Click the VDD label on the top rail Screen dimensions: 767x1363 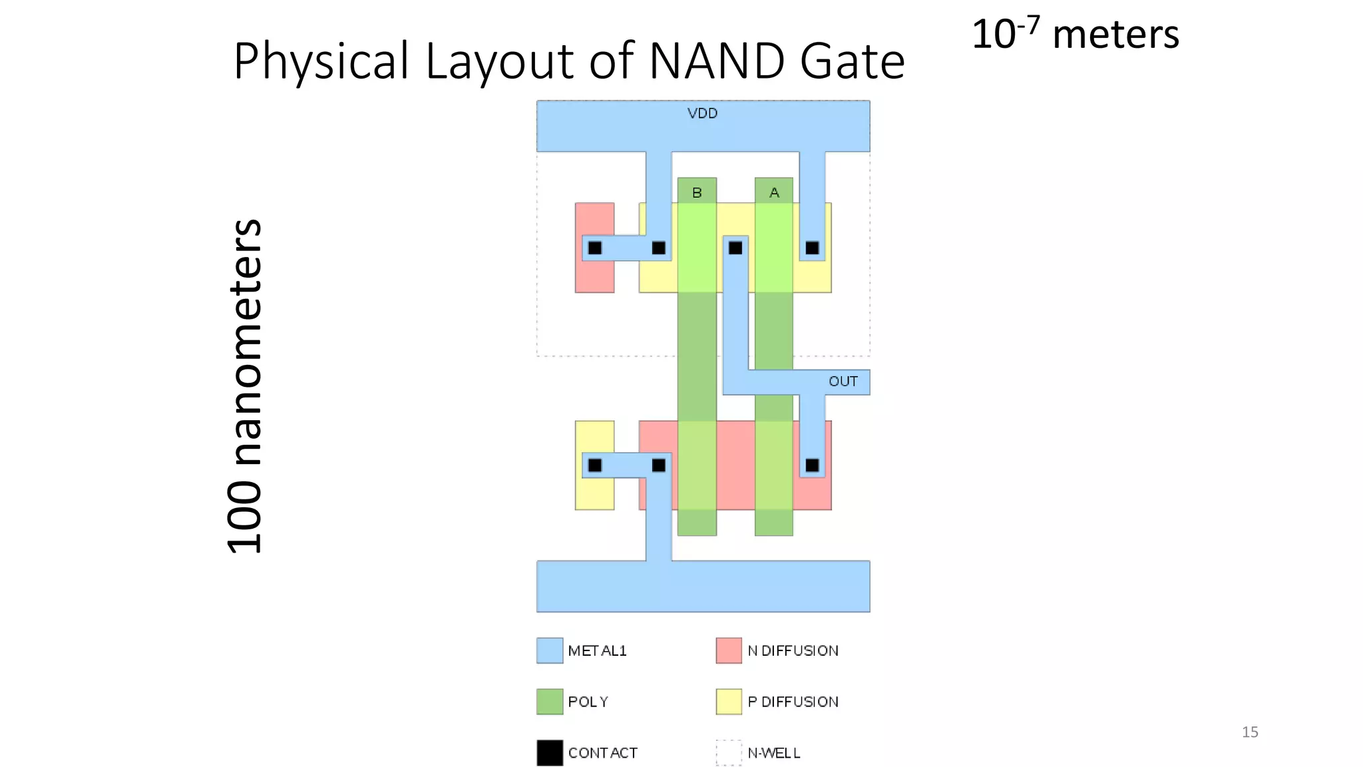pyautogui.click(x=702, y=113)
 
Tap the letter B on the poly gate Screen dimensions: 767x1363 pyautogui.click(x=697, y=192)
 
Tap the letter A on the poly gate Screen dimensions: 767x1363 pyautogui.click(x=774, y=192)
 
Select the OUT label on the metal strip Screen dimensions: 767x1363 pyautogui.click(x=843, y=382)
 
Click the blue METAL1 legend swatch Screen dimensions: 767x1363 pyautogui.click(x=550, y=650)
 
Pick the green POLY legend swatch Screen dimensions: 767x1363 pyautogui.click(x=550, y=702)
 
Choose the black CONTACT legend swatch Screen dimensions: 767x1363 pyautogui.click(x=550, y=753)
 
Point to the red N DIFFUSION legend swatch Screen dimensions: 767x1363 pyautogui.click(x=729, y=650)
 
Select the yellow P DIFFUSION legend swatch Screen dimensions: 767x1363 pyautogui.click(x=729, y=702)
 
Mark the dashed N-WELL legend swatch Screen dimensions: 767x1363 pyautogui.click(x=729, y=753)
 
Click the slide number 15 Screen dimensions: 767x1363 pyautogui.click(x=1250, y=732)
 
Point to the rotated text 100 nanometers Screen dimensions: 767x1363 pyautogui.click(x=245, y=386)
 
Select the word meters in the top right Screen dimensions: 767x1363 pyautogui.click(x=1115, y=35)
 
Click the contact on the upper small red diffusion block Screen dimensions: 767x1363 pyautogui.click(x=595, y=248)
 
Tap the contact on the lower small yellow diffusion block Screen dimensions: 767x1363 pyautogui.click(x=595, y=465)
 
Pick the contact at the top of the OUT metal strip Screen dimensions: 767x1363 pyautogui.click(x=735, y=248)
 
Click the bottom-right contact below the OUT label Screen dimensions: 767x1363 pyautogui.click(x=813, y=465)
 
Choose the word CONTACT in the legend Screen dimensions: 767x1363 pyautogui.click(x=602, y=753)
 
